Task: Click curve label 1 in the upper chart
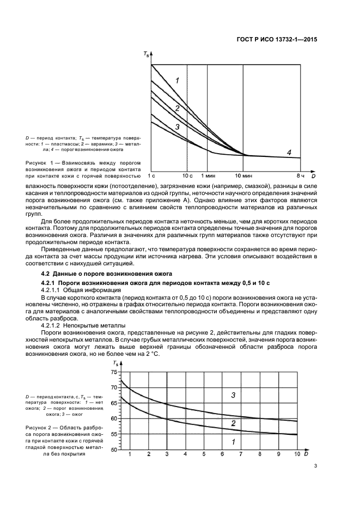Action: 177,81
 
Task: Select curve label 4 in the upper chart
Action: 289,151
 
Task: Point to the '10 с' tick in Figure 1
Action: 187,175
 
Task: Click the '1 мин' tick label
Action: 208,175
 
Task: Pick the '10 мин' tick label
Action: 243,175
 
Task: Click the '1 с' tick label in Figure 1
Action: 151,175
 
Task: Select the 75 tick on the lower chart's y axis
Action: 114,372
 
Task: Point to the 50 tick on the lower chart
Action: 114,450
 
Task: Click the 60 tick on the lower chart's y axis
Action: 114,418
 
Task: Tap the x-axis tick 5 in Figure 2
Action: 204,454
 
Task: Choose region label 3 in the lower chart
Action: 233,395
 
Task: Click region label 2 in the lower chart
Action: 233,423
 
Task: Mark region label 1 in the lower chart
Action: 233,442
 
